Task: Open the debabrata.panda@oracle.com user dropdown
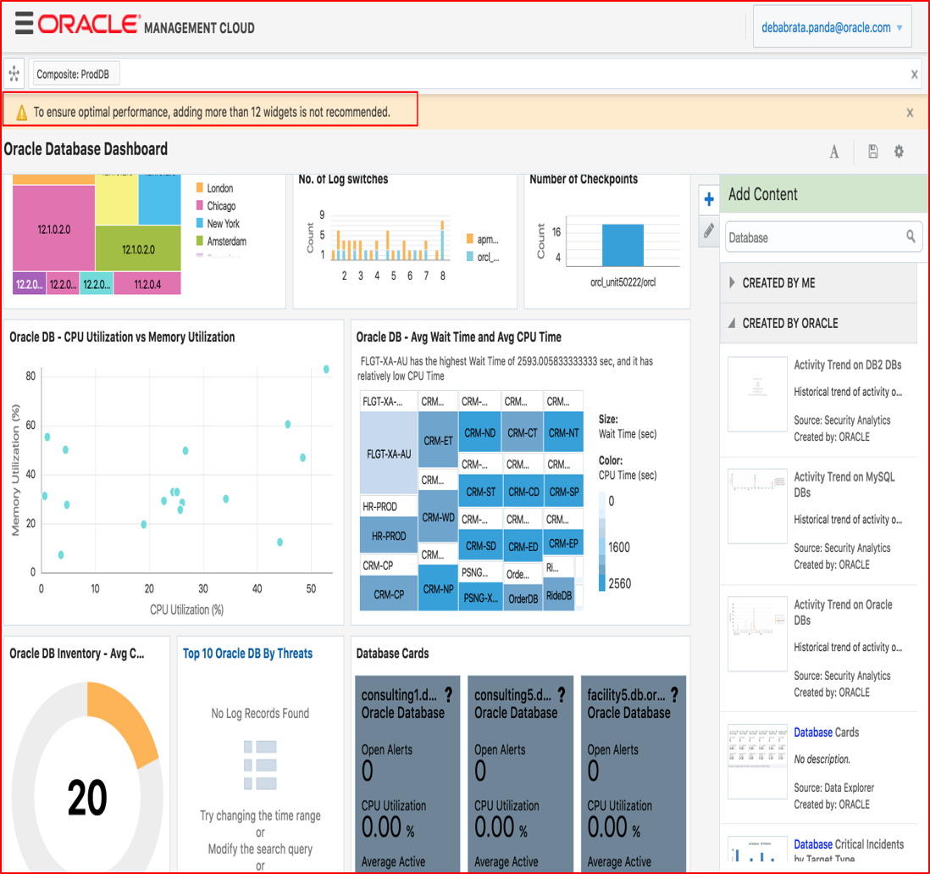[832, 28]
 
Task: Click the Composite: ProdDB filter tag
[75, 74]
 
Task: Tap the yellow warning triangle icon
[21, 112]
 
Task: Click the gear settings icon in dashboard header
[899, 152]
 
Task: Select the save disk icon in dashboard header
[873, 152]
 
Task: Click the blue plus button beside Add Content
[709, 200]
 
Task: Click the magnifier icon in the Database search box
[911, 237]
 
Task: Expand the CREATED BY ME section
[778, 283]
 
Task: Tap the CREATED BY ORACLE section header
[789, 323]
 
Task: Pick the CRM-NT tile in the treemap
[562, 433]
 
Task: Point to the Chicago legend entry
[221, 206]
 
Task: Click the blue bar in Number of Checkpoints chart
[623, 245]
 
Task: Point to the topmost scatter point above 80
[326, 370]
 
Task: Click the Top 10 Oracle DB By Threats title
[247, 654]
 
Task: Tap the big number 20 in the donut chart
[87, 798]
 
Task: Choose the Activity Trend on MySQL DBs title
[844, 484]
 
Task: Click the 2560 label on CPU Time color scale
[618, 584]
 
